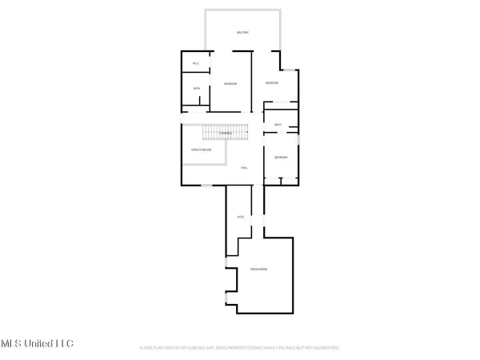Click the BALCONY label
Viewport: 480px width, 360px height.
click(242, 33)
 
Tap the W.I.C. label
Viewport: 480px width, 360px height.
click(196, 63)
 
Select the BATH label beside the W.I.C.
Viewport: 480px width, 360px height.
click(196, 89)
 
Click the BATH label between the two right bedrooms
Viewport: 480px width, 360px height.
click(278, 125)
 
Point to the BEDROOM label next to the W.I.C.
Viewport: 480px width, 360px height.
click(230, 84)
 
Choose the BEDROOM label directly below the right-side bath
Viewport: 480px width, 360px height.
click(280, 158)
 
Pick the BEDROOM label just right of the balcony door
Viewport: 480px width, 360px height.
click(272, 83)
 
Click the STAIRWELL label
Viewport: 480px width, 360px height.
click(238, 133)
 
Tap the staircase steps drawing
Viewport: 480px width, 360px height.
click(216, 134)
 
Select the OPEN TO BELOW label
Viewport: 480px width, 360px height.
click(201, 150)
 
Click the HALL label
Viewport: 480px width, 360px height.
click(244, 167)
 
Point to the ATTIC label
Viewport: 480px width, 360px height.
click(239, 217)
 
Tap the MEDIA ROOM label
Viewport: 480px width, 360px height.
click(258, 269)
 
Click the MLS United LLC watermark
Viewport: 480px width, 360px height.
click(38, 343)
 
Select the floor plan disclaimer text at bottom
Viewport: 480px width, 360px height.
click(240, 348)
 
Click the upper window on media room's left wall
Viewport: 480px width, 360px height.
click(226, 262)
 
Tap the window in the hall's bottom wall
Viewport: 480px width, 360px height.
click(206, 186)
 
